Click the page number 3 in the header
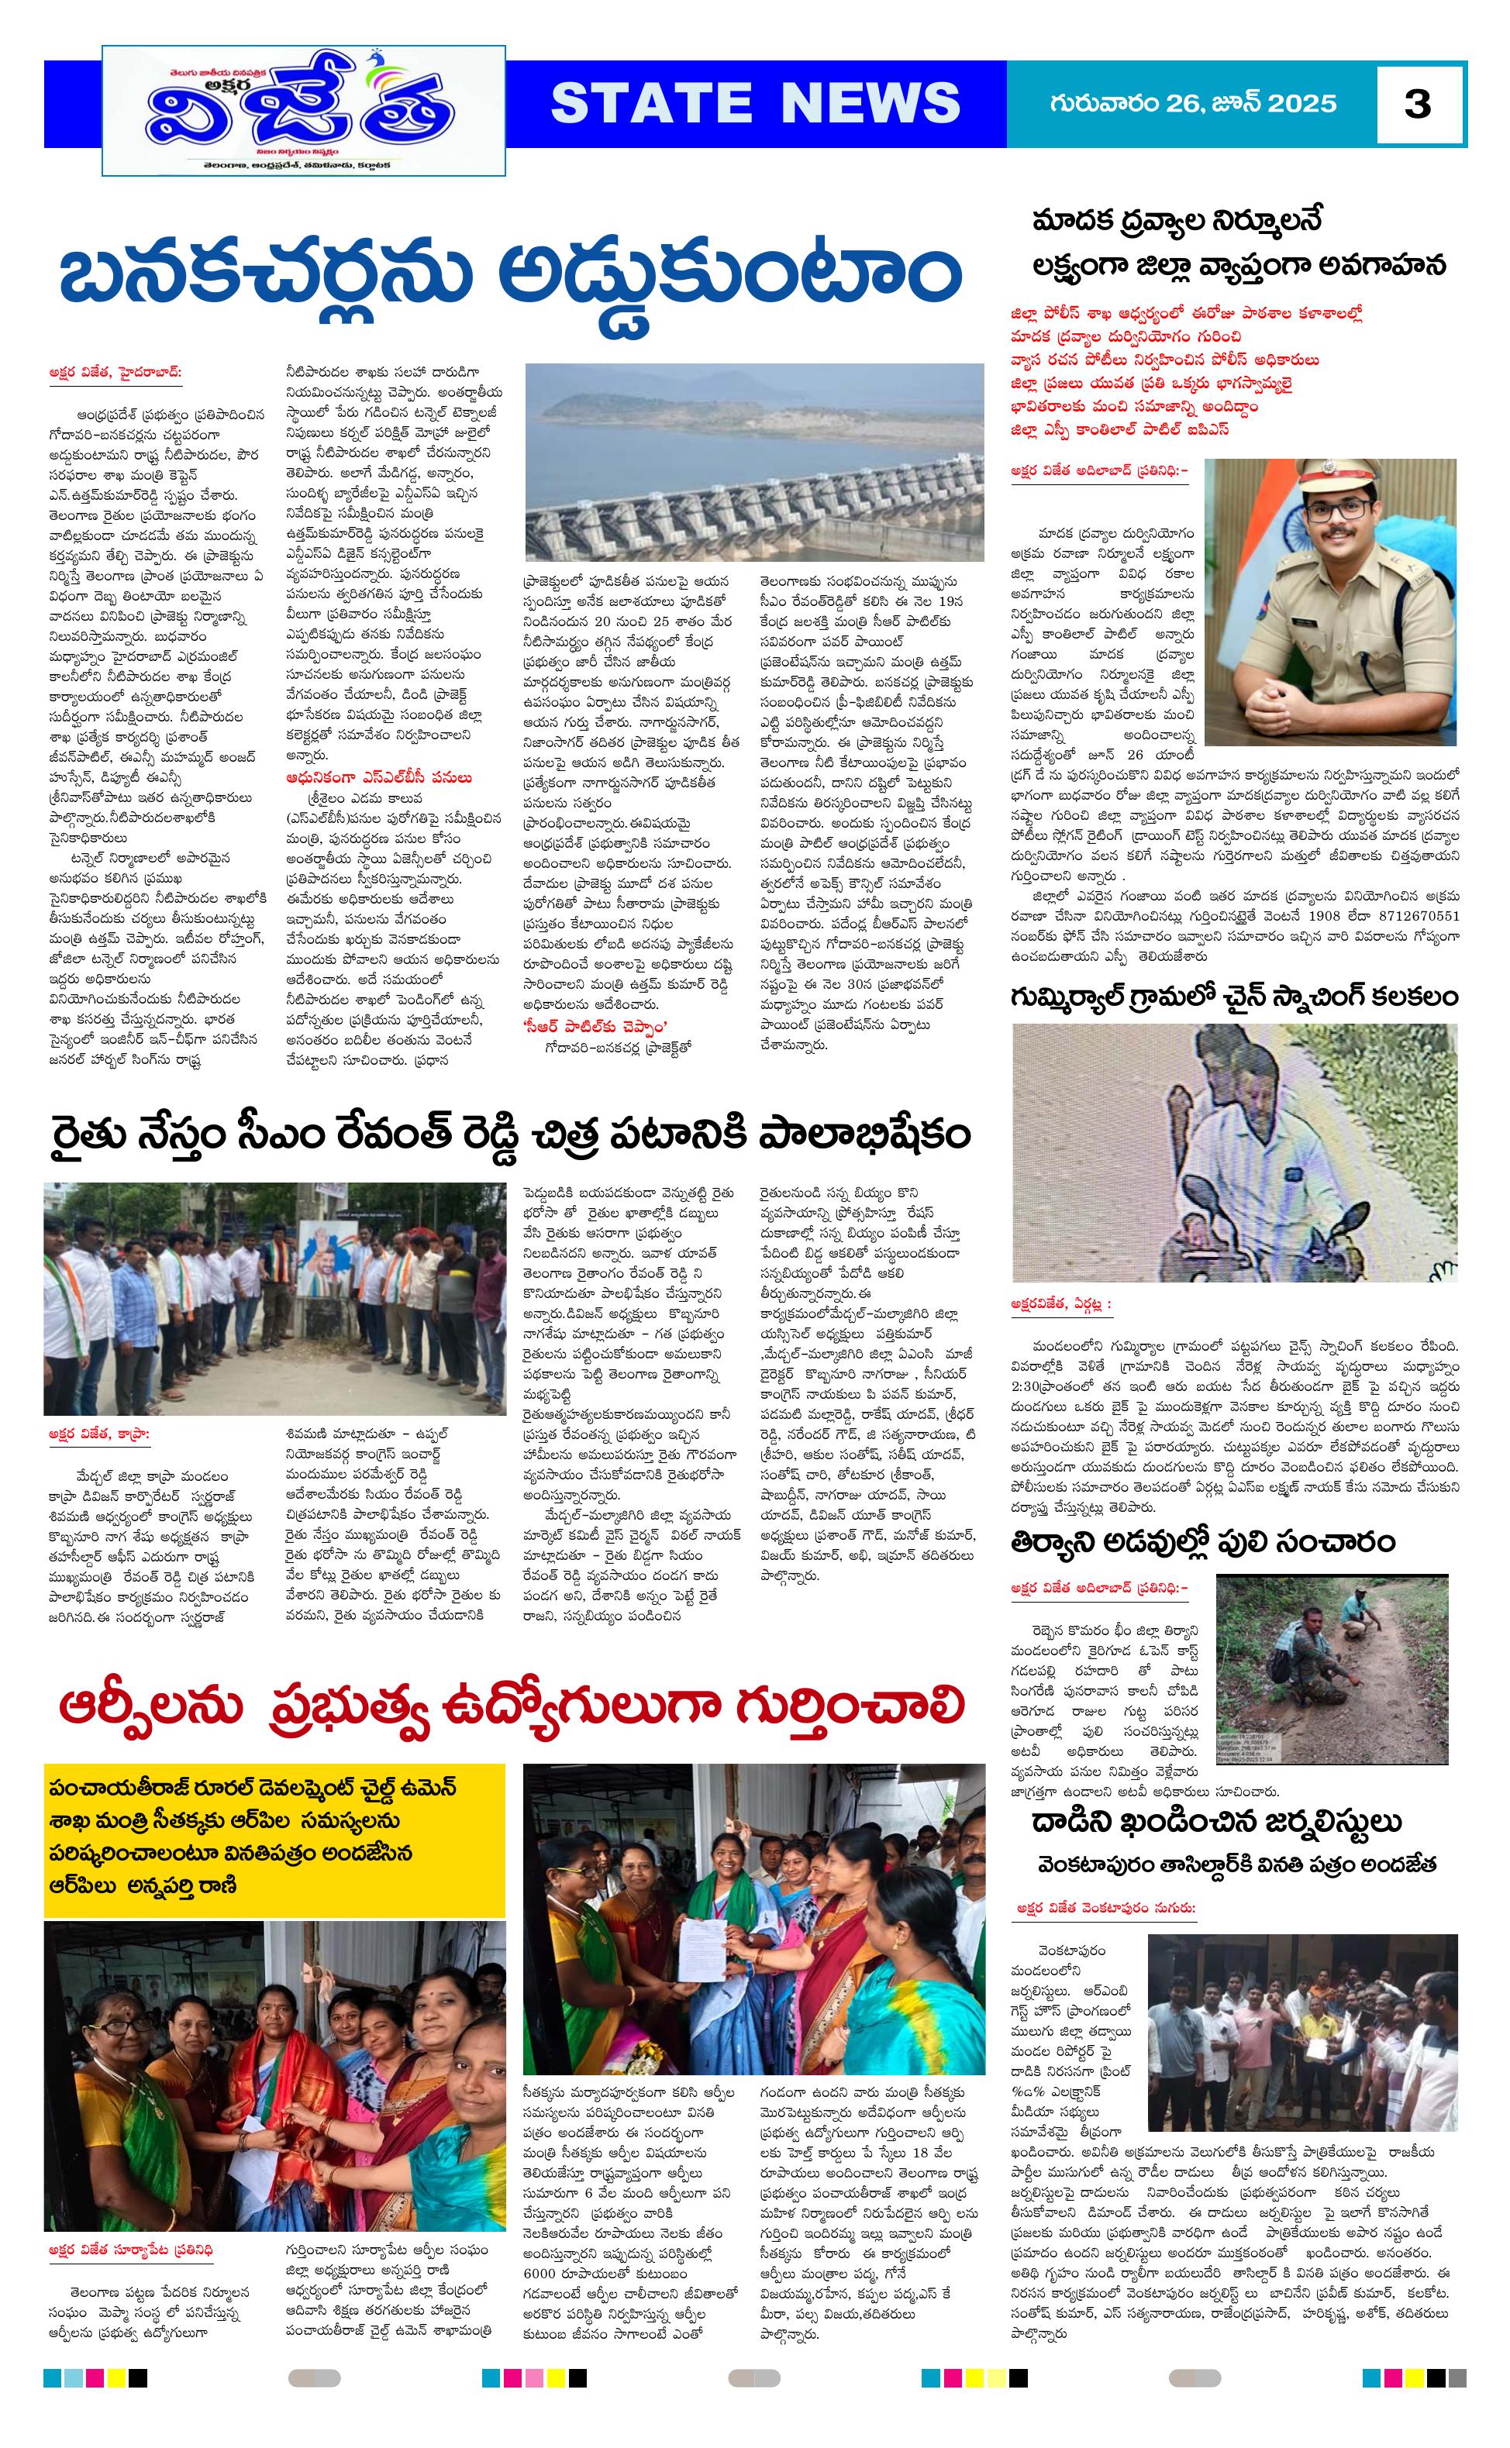point(1417,104)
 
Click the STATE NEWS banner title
point(755,103)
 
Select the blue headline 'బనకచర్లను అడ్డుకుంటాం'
point(509,280)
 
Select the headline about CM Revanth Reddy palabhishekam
point(509,1135)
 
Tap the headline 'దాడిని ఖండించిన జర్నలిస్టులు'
point(1216,1821)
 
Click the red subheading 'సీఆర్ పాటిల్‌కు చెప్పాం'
point(596,1026)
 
